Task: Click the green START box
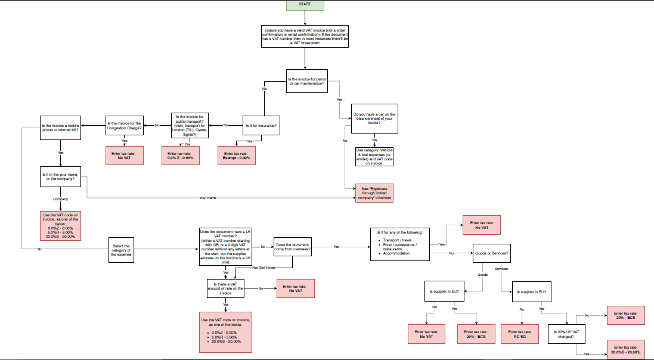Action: [305, 5]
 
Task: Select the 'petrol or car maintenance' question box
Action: [306, 82]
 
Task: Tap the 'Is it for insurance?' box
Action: [261, 126]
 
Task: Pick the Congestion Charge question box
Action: [125, 126]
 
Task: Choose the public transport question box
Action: [190, 126]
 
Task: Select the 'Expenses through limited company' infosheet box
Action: [374, 193]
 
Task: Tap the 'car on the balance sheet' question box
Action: [374, 118]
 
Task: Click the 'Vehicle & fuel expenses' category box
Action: [374, 156]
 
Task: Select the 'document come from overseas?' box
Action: [293, 247]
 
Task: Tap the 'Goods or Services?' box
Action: [492, 253]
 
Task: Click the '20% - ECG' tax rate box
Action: [476, 334]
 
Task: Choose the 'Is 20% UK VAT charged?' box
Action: [565, 334]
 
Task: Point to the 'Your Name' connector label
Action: [207, 197]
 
